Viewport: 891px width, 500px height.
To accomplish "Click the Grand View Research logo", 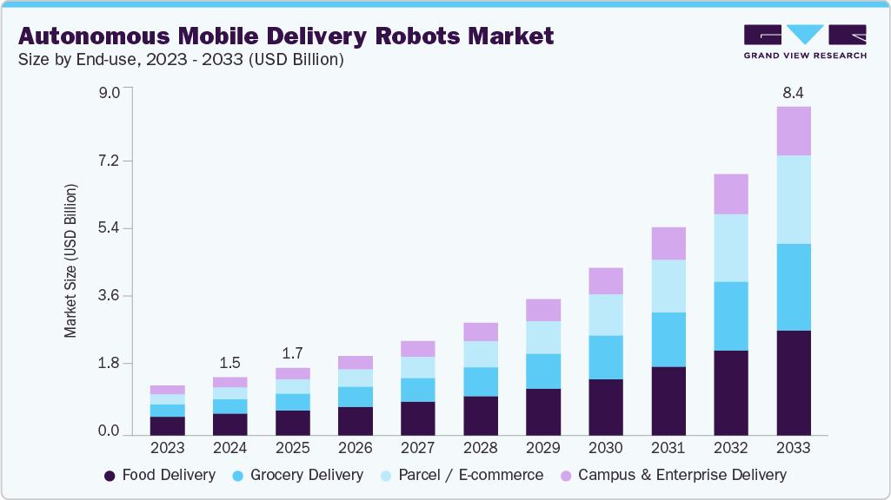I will (x=805, y=41).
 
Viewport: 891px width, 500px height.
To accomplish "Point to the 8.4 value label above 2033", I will (x=793, y=92).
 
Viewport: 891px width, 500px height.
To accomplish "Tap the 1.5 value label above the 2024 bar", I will (x=229, y=363).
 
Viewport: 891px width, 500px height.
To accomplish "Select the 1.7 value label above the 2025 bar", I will (x=292, y=353).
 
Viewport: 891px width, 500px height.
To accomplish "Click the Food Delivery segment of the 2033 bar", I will (x=793, y=383).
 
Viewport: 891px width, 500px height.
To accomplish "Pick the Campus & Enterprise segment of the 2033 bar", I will (x=793, y=131).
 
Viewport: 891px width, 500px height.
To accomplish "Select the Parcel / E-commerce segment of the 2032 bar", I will (x=730, y=248).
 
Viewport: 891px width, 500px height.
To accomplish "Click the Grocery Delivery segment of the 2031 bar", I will (x=668, y=339).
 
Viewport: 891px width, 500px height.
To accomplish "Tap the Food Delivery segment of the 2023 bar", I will (x=167, y=426).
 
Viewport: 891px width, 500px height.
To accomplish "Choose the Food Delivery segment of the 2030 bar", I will (x=605, y=407).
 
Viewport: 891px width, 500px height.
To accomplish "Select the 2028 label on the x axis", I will (x=480, y=448).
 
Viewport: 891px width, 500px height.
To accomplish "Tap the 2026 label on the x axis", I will (x=355, y=448).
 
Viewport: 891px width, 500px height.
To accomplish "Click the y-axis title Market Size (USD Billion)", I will (x=71, y=260).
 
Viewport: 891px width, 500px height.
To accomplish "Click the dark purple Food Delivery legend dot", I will (x=110, y=476).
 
